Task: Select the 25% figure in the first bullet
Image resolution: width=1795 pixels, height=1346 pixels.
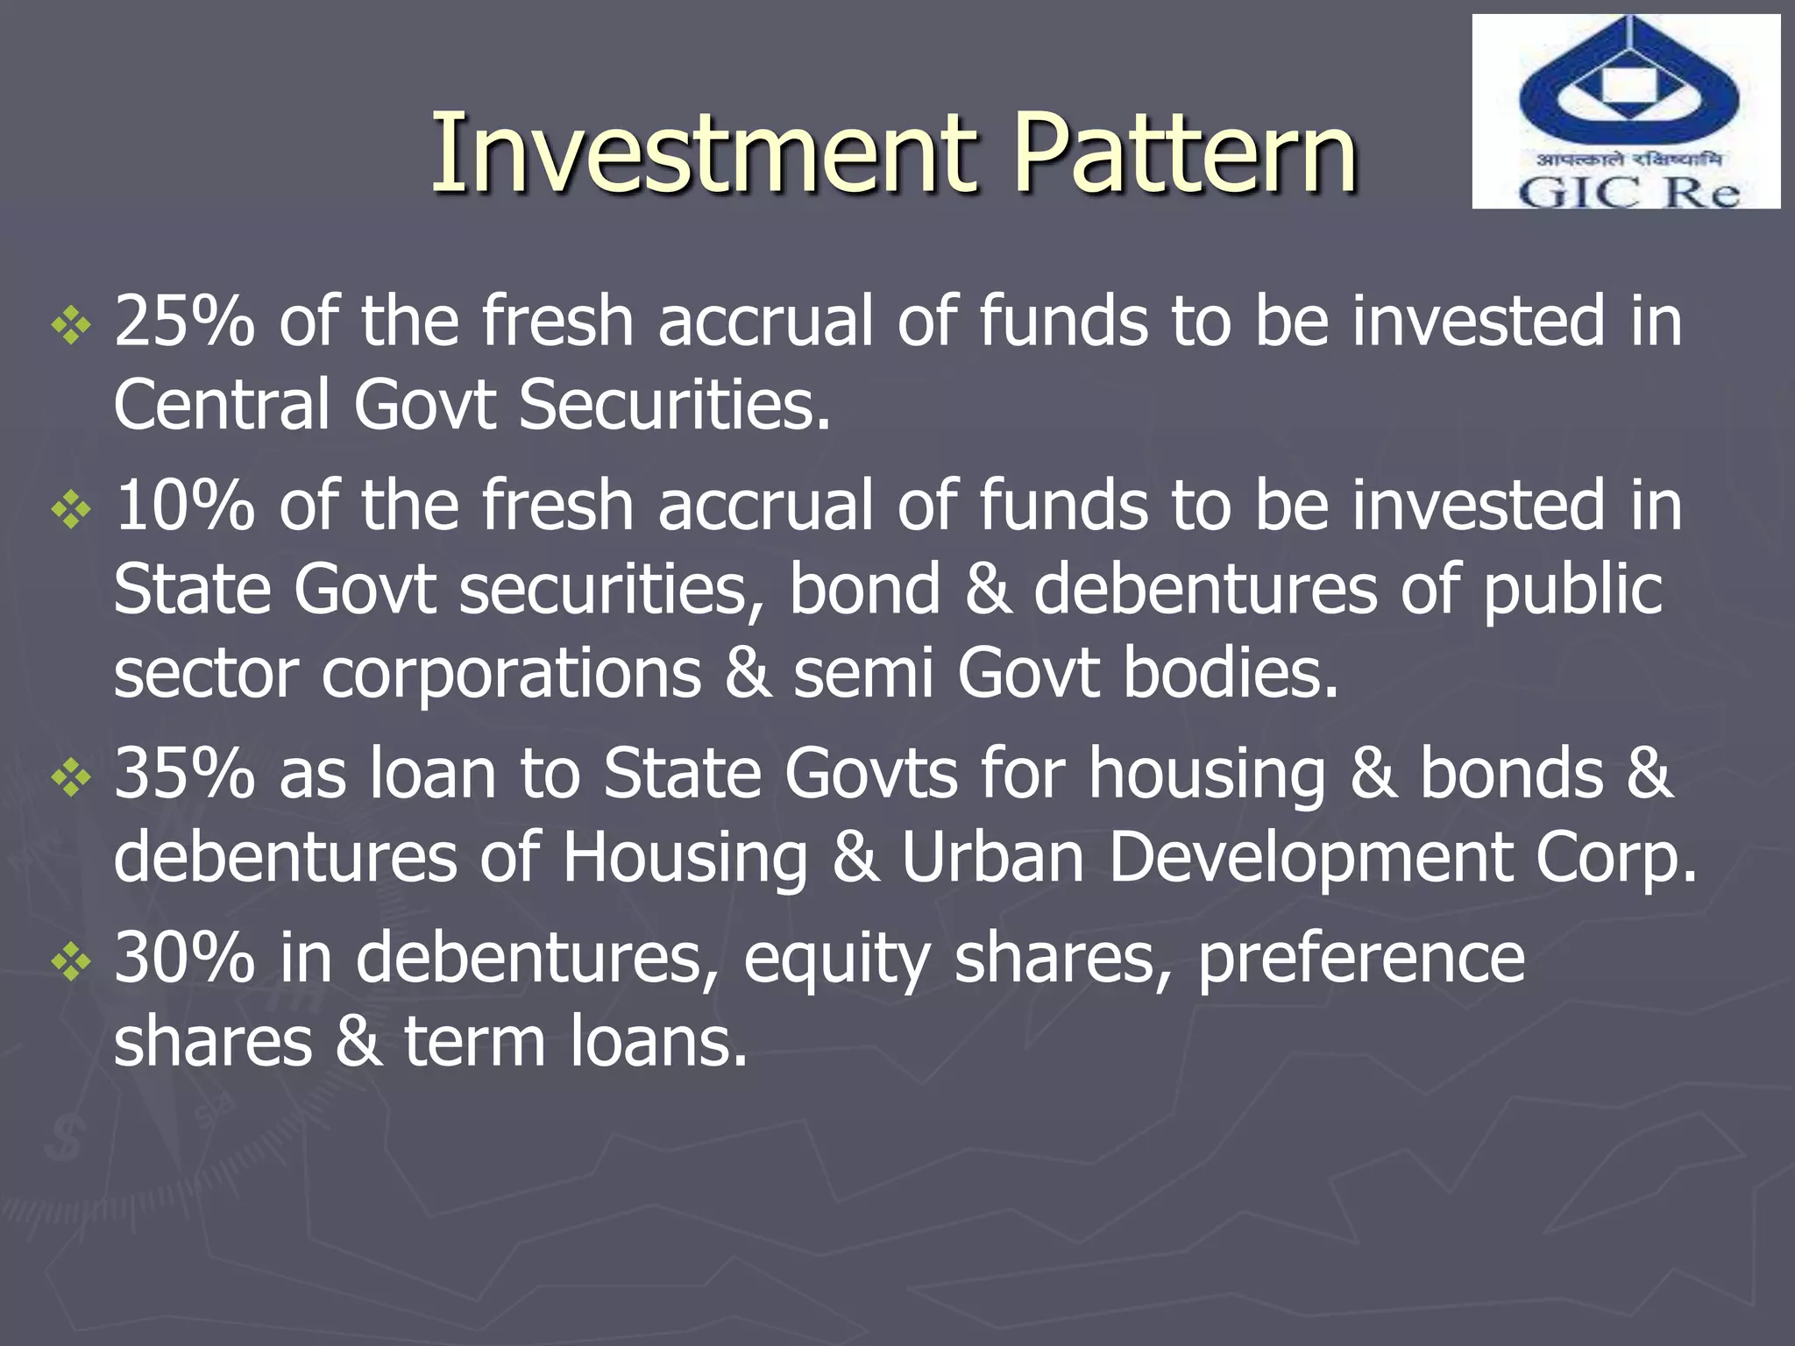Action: pos(185,322)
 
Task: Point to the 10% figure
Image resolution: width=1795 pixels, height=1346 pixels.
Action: pos(185,506)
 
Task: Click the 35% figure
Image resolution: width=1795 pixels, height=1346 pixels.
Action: pos(185,774)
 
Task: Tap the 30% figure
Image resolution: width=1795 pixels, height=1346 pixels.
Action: pos(185,958)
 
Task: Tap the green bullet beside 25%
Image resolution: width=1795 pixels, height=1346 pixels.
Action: pos(71,327)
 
